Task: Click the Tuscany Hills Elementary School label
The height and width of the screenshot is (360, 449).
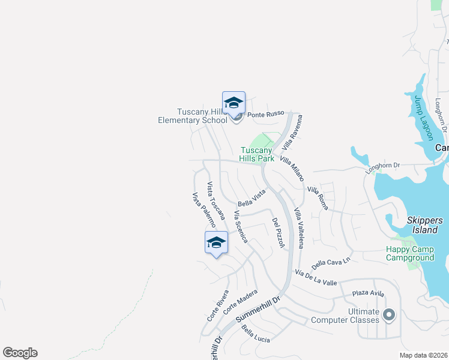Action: coord(192,116)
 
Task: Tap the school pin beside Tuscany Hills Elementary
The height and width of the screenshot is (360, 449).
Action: coord(234,103)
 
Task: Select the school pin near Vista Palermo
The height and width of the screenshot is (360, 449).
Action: coord(216,242)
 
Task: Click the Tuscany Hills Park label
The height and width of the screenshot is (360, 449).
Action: coord(257,154)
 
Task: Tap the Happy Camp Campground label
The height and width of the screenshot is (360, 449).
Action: coord(410,253)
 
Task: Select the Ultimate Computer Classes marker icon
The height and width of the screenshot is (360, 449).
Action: coord(389,314)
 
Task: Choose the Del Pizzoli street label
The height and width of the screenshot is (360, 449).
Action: coord(278,233)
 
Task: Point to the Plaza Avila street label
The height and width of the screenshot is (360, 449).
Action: coord(367,293)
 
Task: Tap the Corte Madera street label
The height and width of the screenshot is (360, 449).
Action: coord(240,301)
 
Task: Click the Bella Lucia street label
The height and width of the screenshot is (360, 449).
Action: coord(256,334)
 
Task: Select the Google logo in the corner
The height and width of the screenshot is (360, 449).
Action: coord(20,353)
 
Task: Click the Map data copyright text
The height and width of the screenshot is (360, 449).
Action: coord(423,355)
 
